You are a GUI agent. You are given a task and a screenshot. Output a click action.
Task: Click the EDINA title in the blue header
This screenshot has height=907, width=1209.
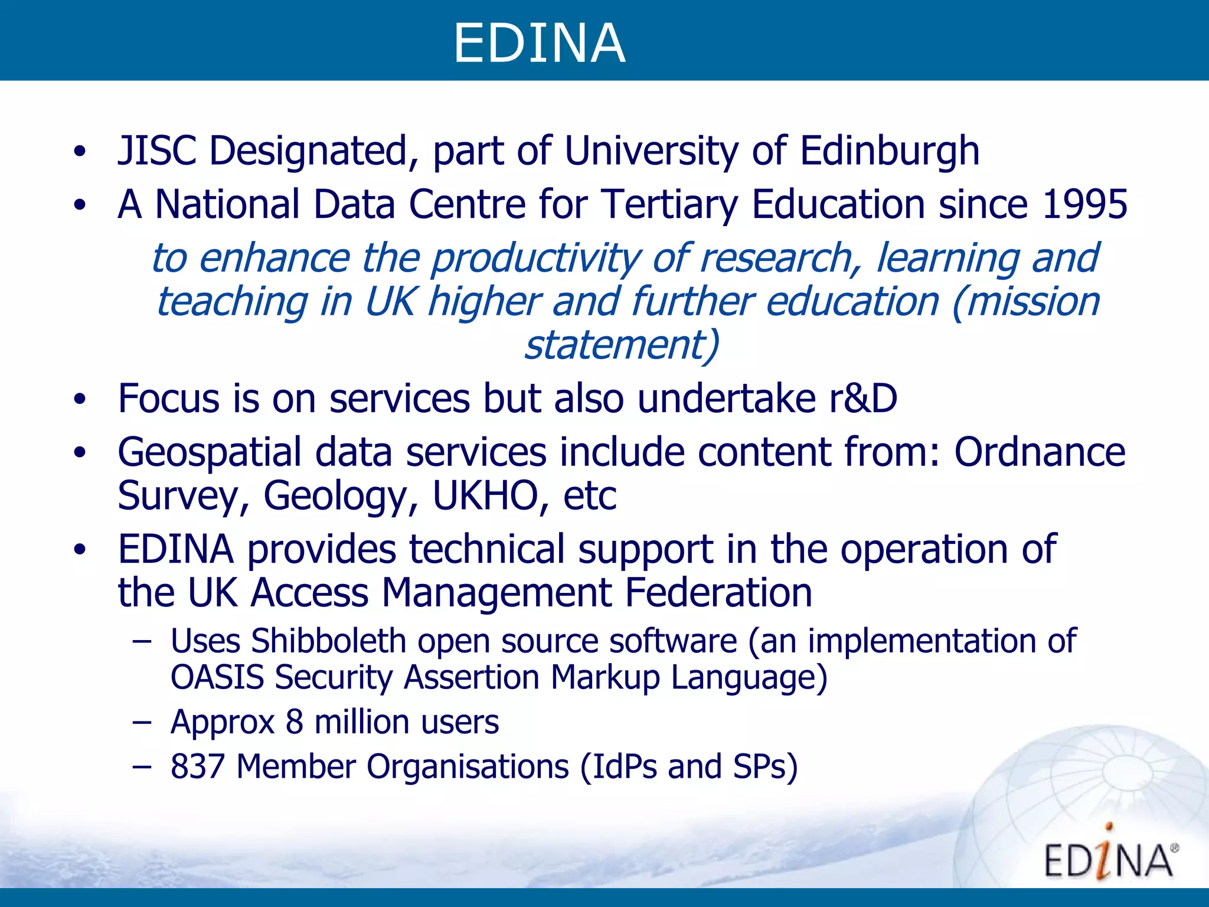tap(539, 43)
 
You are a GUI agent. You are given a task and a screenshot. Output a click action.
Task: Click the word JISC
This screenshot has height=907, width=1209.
tap(156, 151)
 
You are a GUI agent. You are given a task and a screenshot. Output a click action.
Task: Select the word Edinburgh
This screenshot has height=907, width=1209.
tap(890, 151)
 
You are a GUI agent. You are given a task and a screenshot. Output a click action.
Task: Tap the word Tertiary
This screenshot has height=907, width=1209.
tap(669, 204)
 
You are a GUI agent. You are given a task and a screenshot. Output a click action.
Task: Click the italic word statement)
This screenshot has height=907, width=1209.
tap(622, 344)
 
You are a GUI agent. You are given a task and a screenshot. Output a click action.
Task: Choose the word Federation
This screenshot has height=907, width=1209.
tap(718, 592)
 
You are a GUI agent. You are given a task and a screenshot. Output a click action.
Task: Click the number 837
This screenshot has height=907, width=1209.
tap(197, 766)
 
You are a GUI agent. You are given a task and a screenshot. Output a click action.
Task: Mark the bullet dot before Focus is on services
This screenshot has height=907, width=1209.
tap(80, 399)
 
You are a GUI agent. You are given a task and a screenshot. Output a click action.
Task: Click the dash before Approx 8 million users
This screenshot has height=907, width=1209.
tap(142, 722)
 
